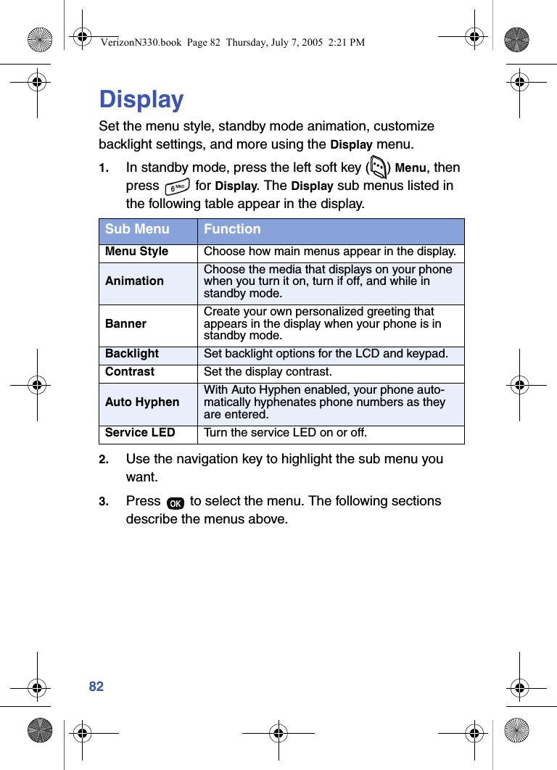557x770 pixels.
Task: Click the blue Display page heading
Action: (x=141, y=99)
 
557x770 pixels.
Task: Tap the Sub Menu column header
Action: (x=137, y=229)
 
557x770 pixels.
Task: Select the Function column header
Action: (x=232, y=229)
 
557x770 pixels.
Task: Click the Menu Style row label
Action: (x=136, y=252)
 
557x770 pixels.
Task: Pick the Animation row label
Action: (x=134, y=281)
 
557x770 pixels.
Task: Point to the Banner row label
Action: (x=125, y=323)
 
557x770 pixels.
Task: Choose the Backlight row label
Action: (x=131, y=354)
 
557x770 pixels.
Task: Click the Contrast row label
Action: (x=129, y=372)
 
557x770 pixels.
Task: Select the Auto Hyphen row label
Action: (x=142, y=402)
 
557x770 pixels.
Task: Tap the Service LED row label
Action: (x=140, y=433)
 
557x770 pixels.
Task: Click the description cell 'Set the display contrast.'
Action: (x=268, y=373)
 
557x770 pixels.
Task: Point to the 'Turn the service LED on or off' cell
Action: (x=285, y=434)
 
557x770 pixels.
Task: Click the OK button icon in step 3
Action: (x=175, y=503)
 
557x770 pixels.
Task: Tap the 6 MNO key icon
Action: (x=176, y=188)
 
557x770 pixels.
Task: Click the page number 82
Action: (x=96, y=687)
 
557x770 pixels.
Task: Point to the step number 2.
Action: (x=104, y=460)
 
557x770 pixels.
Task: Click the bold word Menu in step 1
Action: (x=410, y=168)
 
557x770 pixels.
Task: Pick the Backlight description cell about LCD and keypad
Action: (x=326, y=354)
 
